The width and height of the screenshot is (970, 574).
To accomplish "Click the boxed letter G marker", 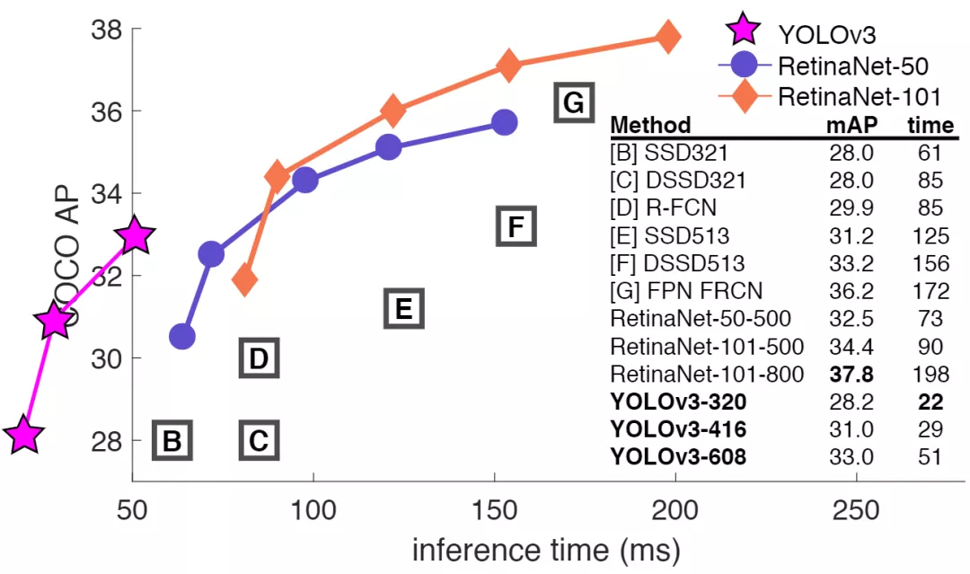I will [573, 103].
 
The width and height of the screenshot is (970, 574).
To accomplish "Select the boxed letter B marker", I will [172, 441].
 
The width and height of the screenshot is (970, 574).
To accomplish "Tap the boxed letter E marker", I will [403, 309].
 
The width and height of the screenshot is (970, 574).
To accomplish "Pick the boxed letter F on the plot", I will [516, 226].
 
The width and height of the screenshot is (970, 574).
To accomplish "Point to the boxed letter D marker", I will [259, 358].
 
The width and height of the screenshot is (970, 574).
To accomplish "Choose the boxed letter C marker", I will [259, 441].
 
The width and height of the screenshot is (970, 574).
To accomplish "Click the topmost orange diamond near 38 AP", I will [666, 37].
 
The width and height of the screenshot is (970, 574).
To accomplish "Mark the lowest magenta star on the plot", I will [23, 436].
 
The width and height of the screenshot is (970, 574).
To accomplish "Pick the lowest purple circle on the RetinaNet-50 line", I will [182, 337].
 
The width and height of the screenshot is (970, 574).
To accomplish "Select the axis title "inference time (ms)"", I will [546, 548].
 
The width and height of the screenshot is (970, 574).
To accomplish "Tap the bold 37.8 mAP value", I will [850, 373].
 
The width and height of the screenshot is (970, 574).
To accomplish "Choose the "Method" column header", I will [650, 125].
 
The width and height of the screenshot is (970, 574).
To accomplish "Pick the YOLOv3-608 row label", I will [678, 456].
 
